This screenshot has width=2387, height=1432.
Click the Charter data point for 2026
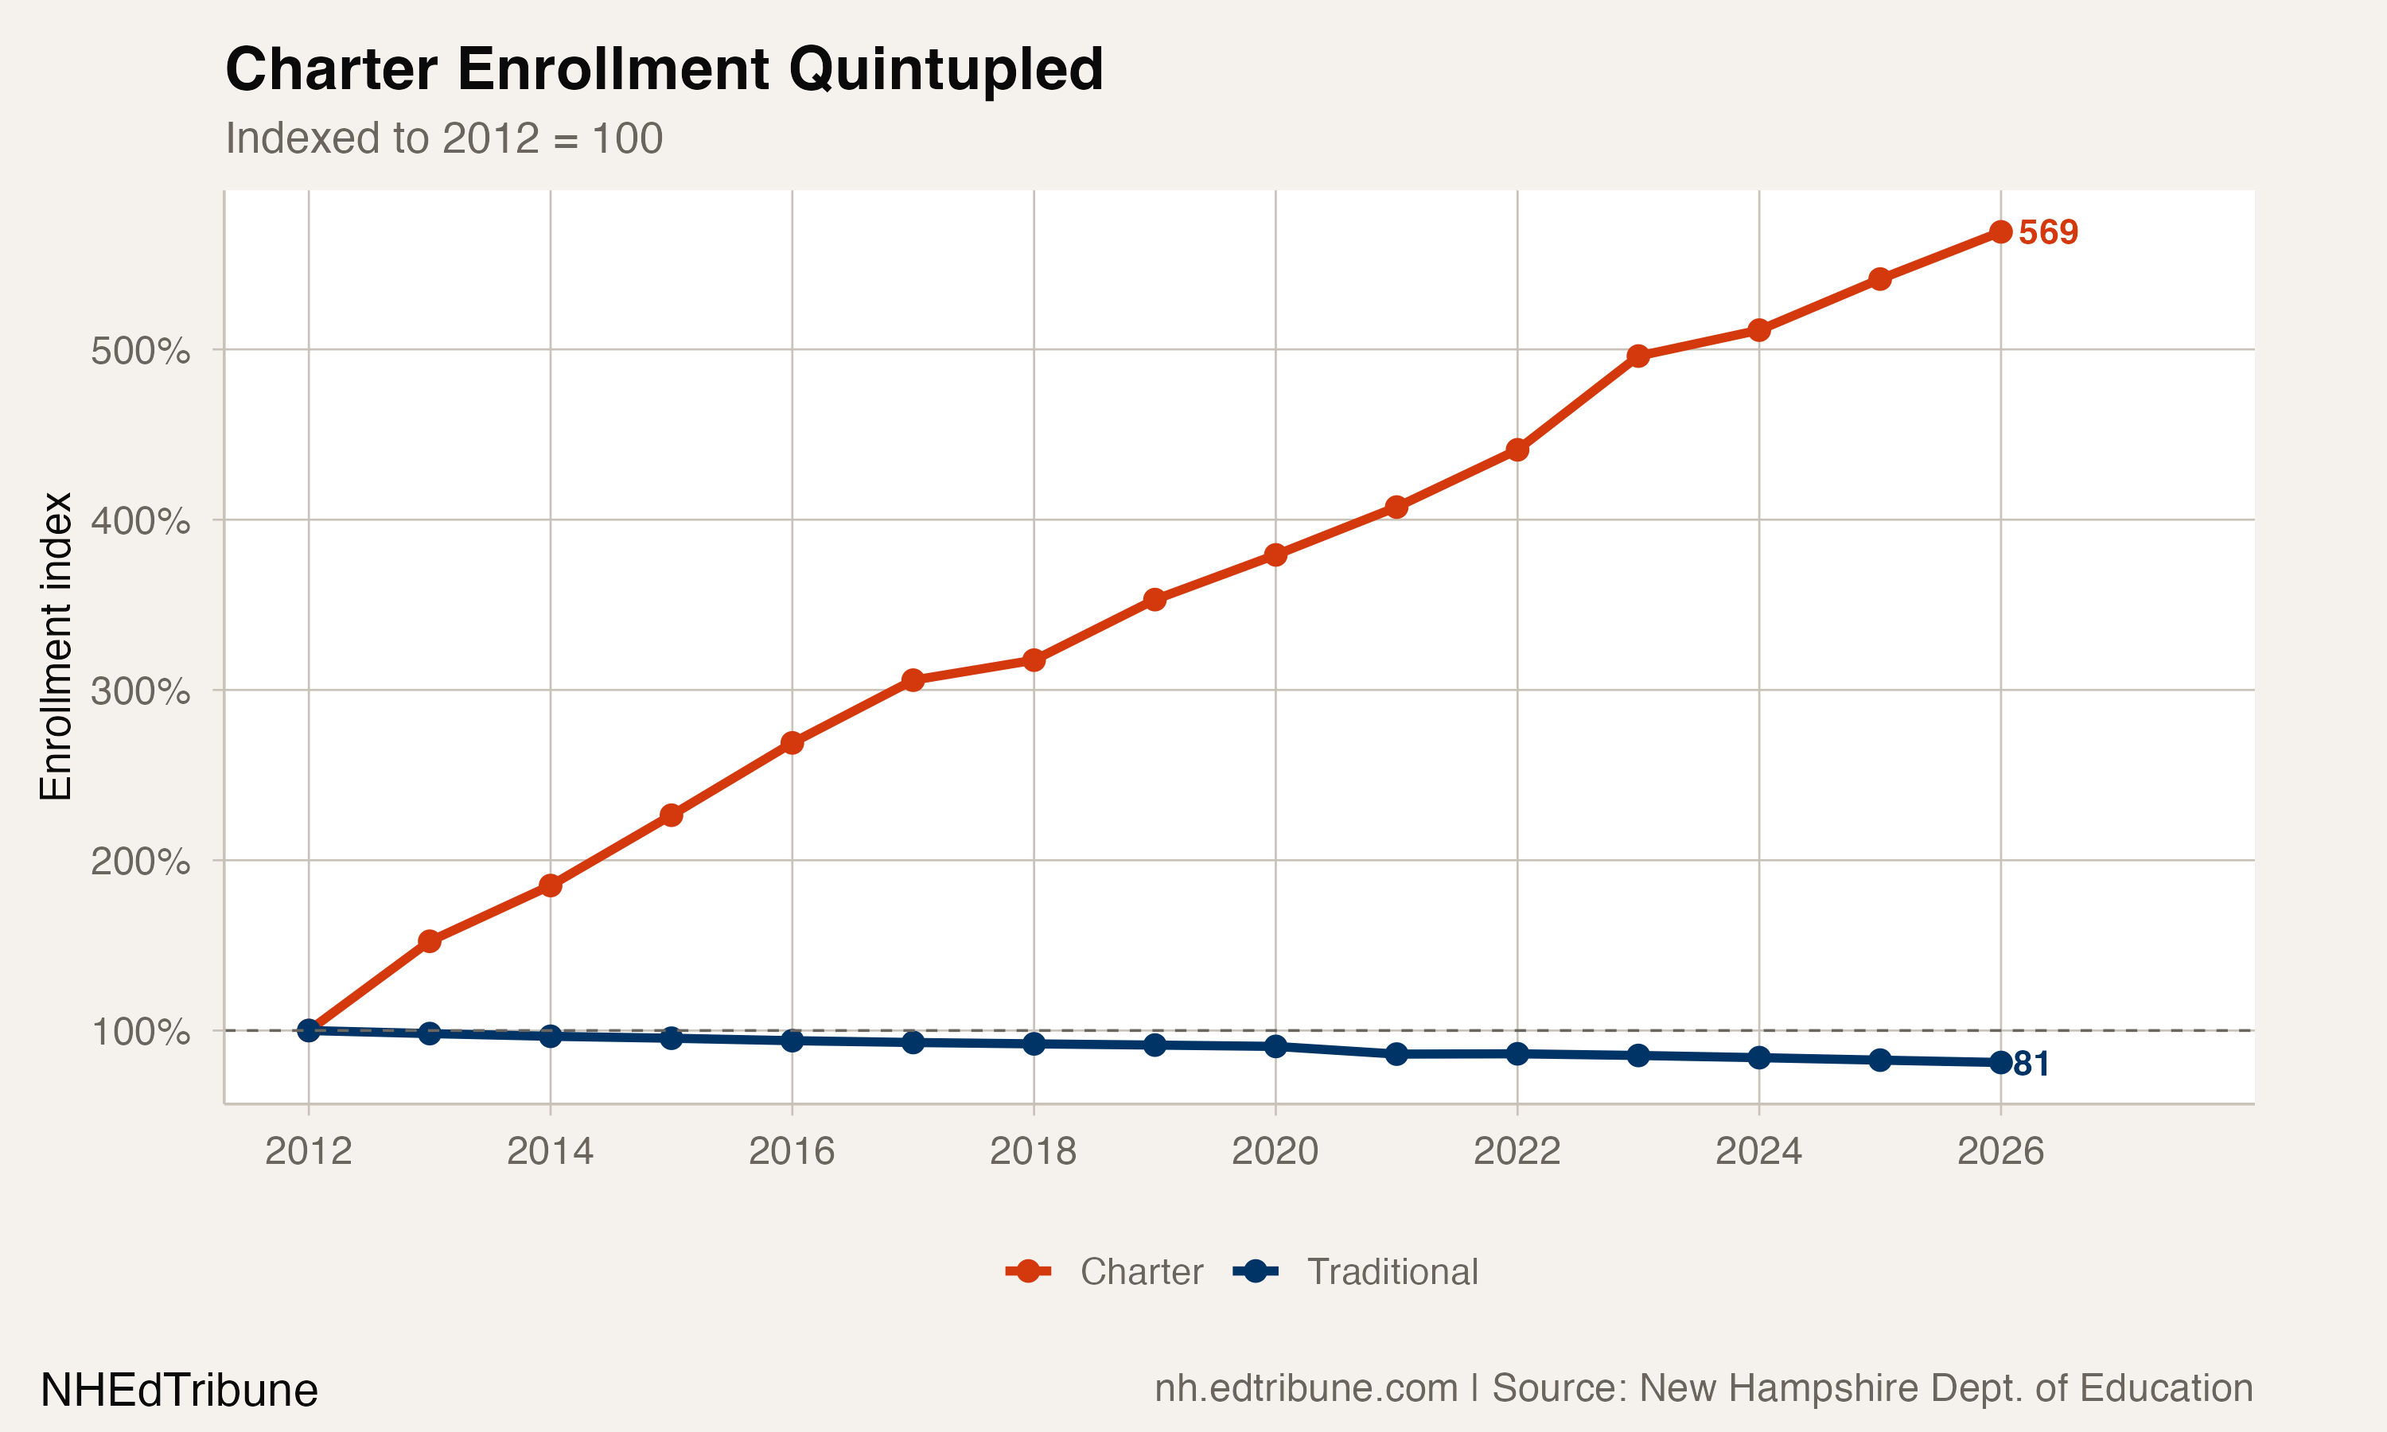(2000, 232)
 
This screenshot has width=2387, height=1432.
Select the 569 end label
(2047, 232)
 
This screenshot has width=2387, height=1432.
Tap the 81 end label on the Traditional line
(2031, 1064)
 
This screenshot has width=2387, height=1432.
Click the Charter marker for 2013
(430, 941)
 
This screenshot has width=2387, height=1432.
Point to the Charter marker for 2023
(1637, 356)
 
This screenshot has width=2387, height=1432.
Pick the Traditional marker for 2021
(1396, 1055)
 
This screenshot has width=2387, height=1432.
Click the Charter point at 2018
(1034, 660)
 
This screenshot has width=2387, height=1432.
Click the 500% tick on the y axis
(140, 352)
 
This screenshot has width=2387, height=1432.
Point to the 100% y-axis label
(140, 1033)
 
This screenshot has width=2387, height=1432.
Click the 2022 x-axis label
(1517, 1151)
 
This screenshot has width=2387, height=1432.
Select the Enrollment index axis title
(56, 647)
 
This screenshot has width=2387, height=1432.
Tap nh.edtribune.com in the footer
(1306, 1388)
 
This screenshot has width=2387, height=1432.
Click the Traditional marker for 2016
(792, 1041)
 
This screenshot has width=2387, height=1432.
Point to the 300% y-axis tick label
(140, 692)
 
